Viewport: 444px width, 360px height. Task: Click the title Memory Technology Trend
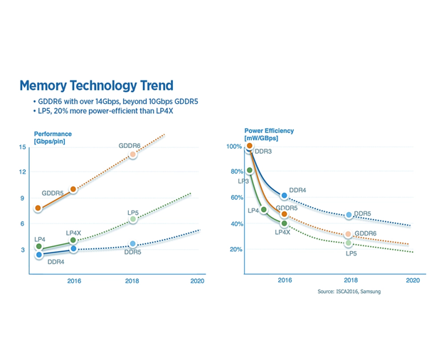click(96, 85)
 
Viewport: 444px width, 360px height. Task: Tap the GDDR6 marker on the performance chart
click(132, 154)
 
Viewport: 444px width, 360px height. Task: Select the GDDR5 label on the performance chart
click(53, 193)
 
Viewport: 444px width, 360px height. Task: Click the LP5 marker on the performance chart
click(133, 220)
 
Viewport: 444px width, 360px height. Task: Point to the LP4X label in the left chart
click(75, 233)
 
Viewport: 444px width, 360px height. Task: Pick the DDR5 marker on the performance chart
click(133, 244)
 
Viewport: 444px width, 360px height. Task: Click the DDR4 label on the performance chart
click(57, 262)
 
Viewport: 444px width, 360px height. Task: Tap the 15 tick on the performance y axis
click(23, 147)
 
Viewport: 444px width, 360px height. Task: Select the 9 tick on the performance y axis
click(23, 198)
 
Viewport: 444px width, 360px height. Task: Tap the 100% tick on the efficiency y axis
click(235, 147)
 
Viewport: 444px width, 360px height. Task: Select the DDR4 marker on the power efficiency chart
click(285, 196)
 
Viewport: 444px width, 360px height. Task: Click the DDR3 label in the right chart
click(263, 152)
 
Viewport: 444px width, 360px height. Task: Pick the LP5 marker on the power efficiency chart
click(349, 243)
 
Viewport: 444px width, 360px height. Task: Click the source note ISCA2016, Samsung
click(349, 292)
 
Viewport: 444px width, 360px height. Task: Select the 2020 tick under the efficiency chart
click(412, 280)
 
